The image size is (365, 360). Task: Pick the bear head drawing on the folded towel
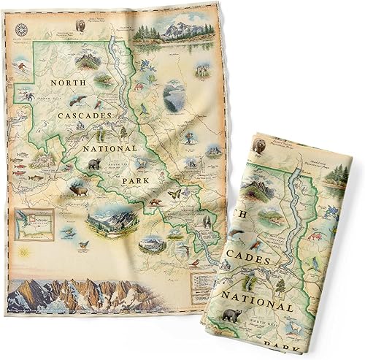[x=259, y=147]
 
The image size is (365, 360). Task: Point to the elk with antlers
[x=77, y=189]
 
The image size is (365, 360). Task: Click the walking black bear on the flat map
[x=94, y=164]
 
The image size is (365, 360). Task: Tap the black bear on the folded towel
[x=233, y=315]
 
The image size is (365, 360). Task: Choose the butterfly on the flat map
[x=174, y=194]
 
